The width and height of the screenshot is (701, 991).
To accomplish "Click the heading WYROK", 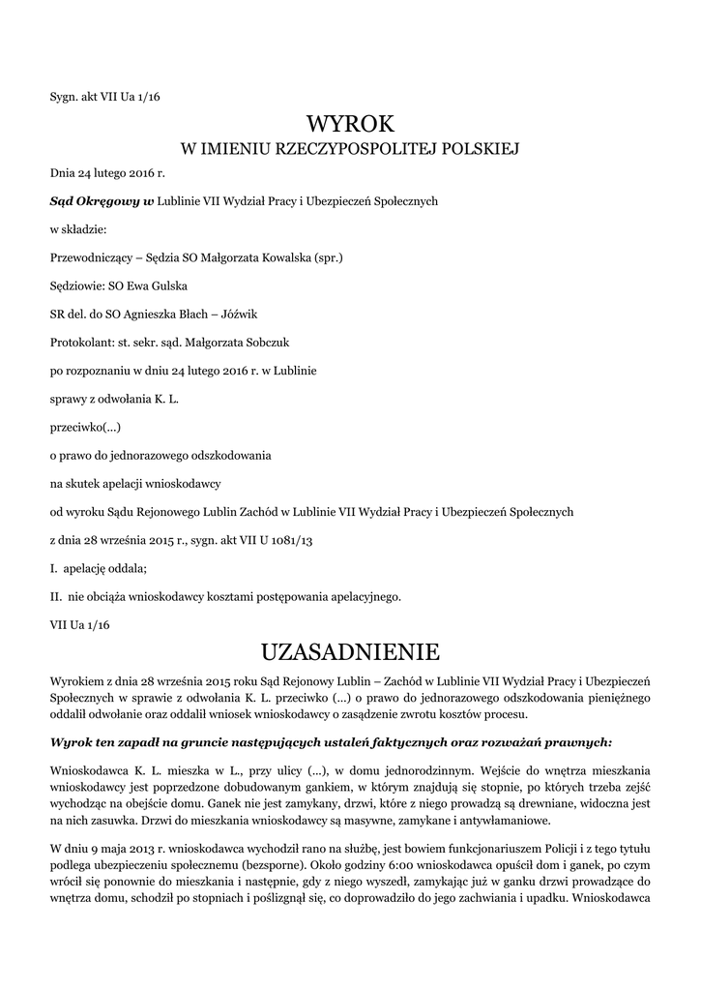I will [351, 123].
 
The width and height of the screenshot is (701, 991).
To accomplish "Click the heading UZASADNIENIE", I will [350, 647].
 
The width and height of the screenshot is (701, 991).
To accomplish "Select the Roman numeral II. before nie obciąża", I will [56, 594].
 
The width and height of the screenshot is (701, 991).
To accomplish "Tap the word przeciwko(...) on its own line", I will [86, 426].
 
